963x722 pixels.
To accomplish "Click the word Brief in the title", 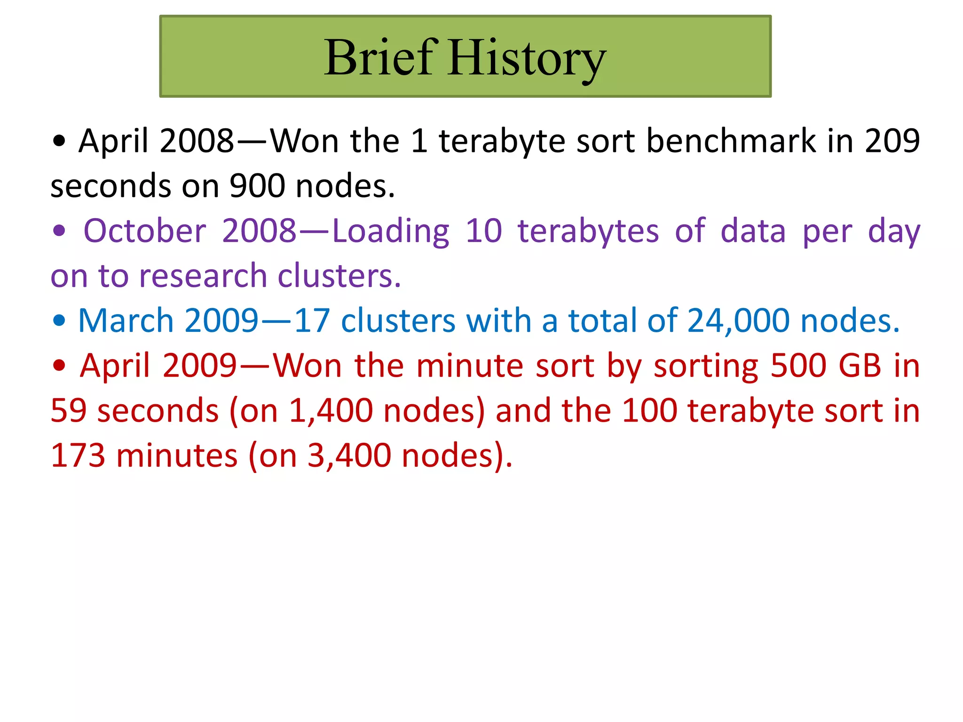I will (381, 57).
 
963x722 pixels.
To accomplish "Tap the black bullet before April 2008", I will (59, 141).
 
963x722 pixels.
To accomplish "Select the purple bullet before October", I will (59, 231).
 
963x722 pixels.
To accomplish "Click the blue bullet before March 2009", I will (59, 321).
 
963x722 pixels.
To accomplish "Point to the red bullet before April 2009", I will (59, 365).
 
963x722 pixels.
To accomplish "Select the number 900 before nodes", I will (257, 186).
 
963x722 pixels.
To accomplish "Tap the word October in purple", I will (145, 231).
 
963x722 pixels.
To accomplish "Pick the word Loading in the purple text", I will (391, 232).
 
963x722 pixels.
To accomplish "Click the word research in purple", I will (203, 276).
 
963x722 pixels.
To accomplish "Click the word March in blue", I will (126, 321).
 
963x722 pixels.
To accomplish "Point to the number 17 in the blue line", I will (311, 321).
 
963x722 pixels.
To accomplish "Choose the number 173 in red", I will (78, 455).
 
